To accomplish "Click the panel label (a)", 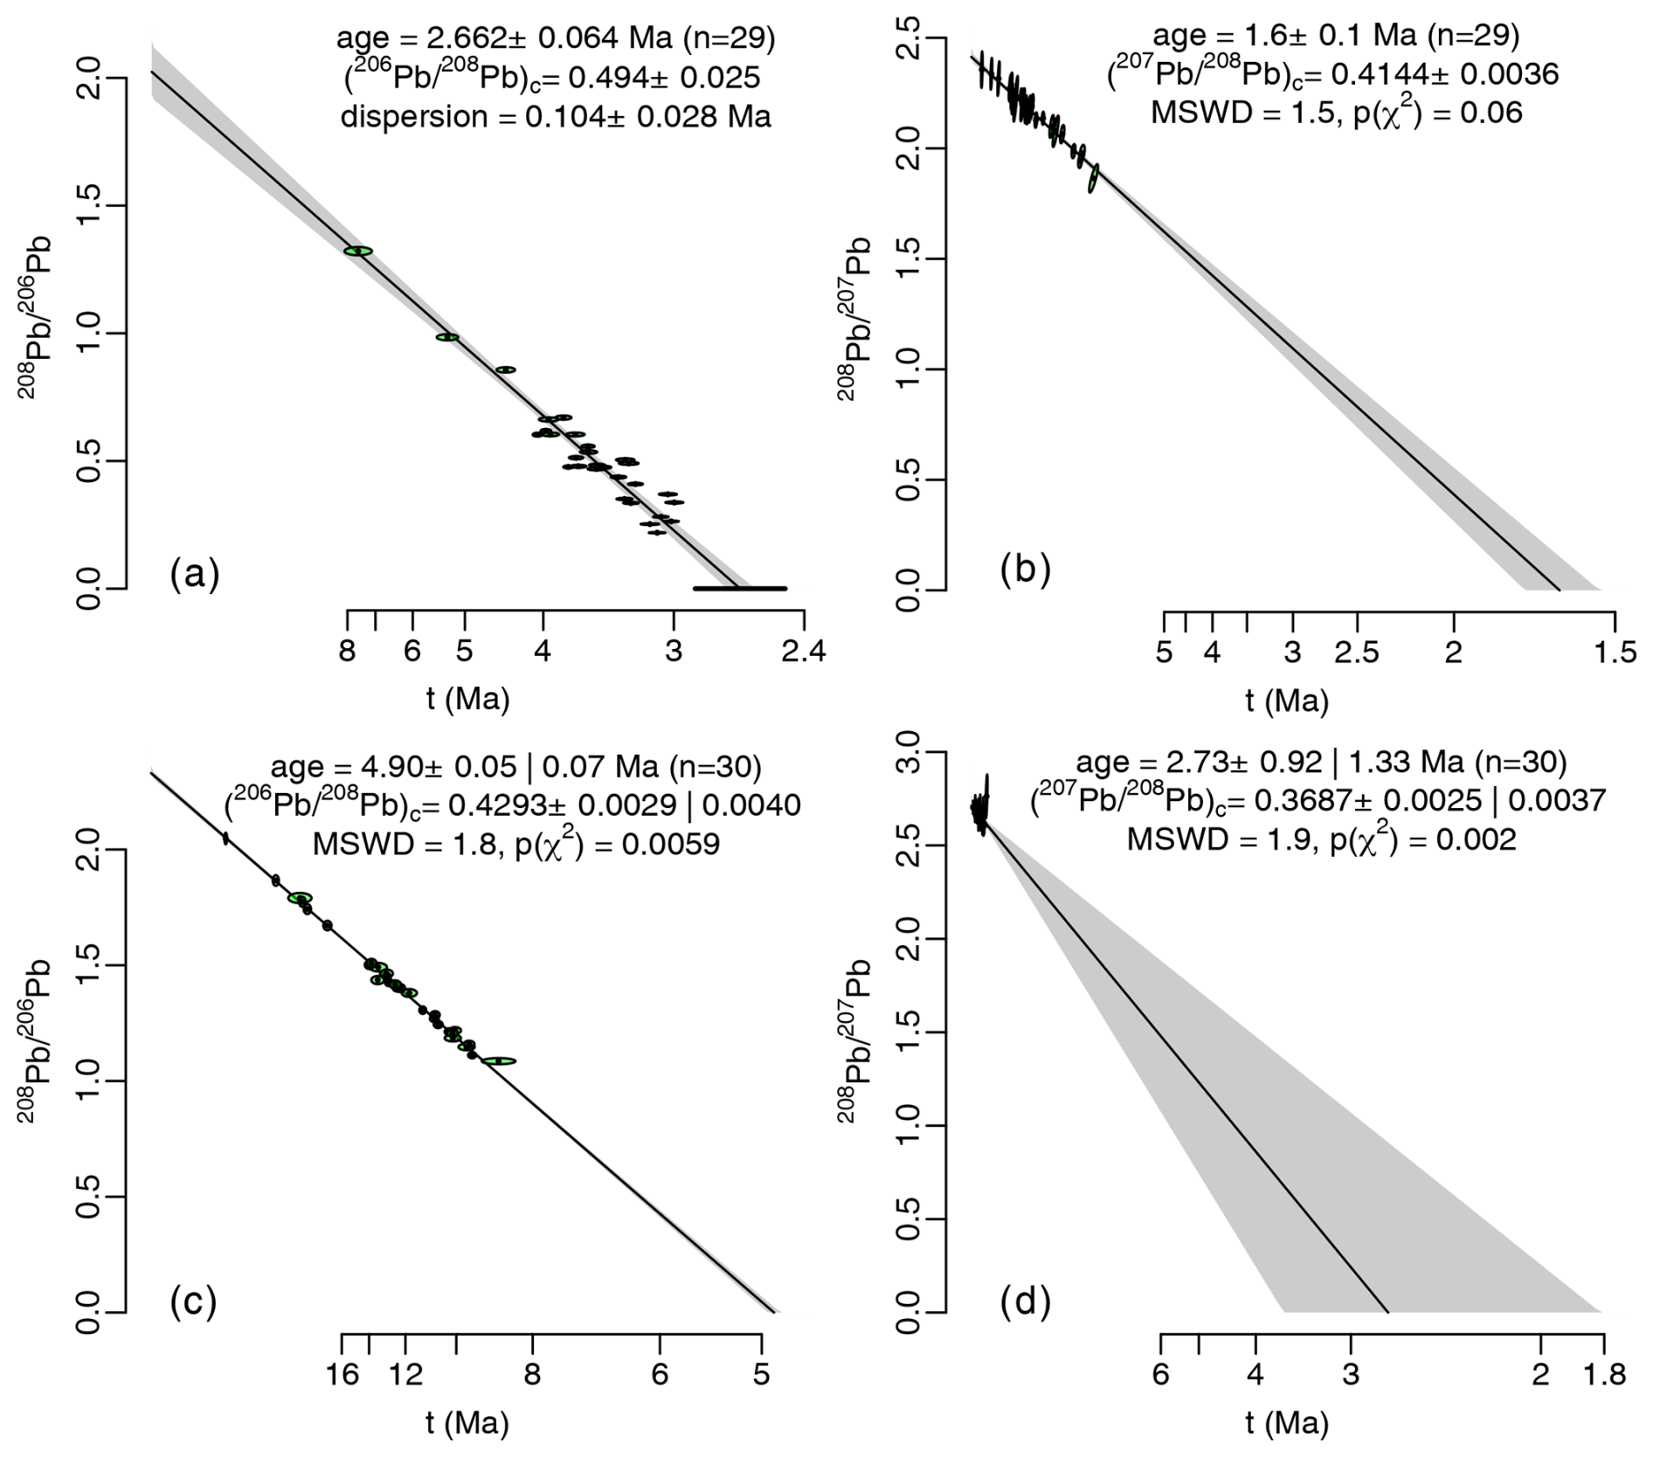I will (195, 575).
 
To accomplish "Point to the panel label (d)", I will (1025, 1302).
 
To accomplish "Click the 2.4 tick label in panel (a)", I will (803, 653).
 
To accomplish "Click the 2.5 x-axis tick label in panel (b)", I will (1356, 653).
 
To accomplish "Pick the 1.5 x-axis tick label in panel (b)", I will (1614, 653).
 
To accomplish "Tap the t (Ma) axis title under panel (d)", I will (1287, 1424).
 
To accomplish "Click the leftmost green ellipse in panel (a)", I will (358, 252).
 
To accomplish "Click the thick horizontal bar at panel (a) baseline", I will (740, 589).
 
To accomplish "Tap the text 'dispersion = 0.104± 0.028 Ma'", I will (556, 117).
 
